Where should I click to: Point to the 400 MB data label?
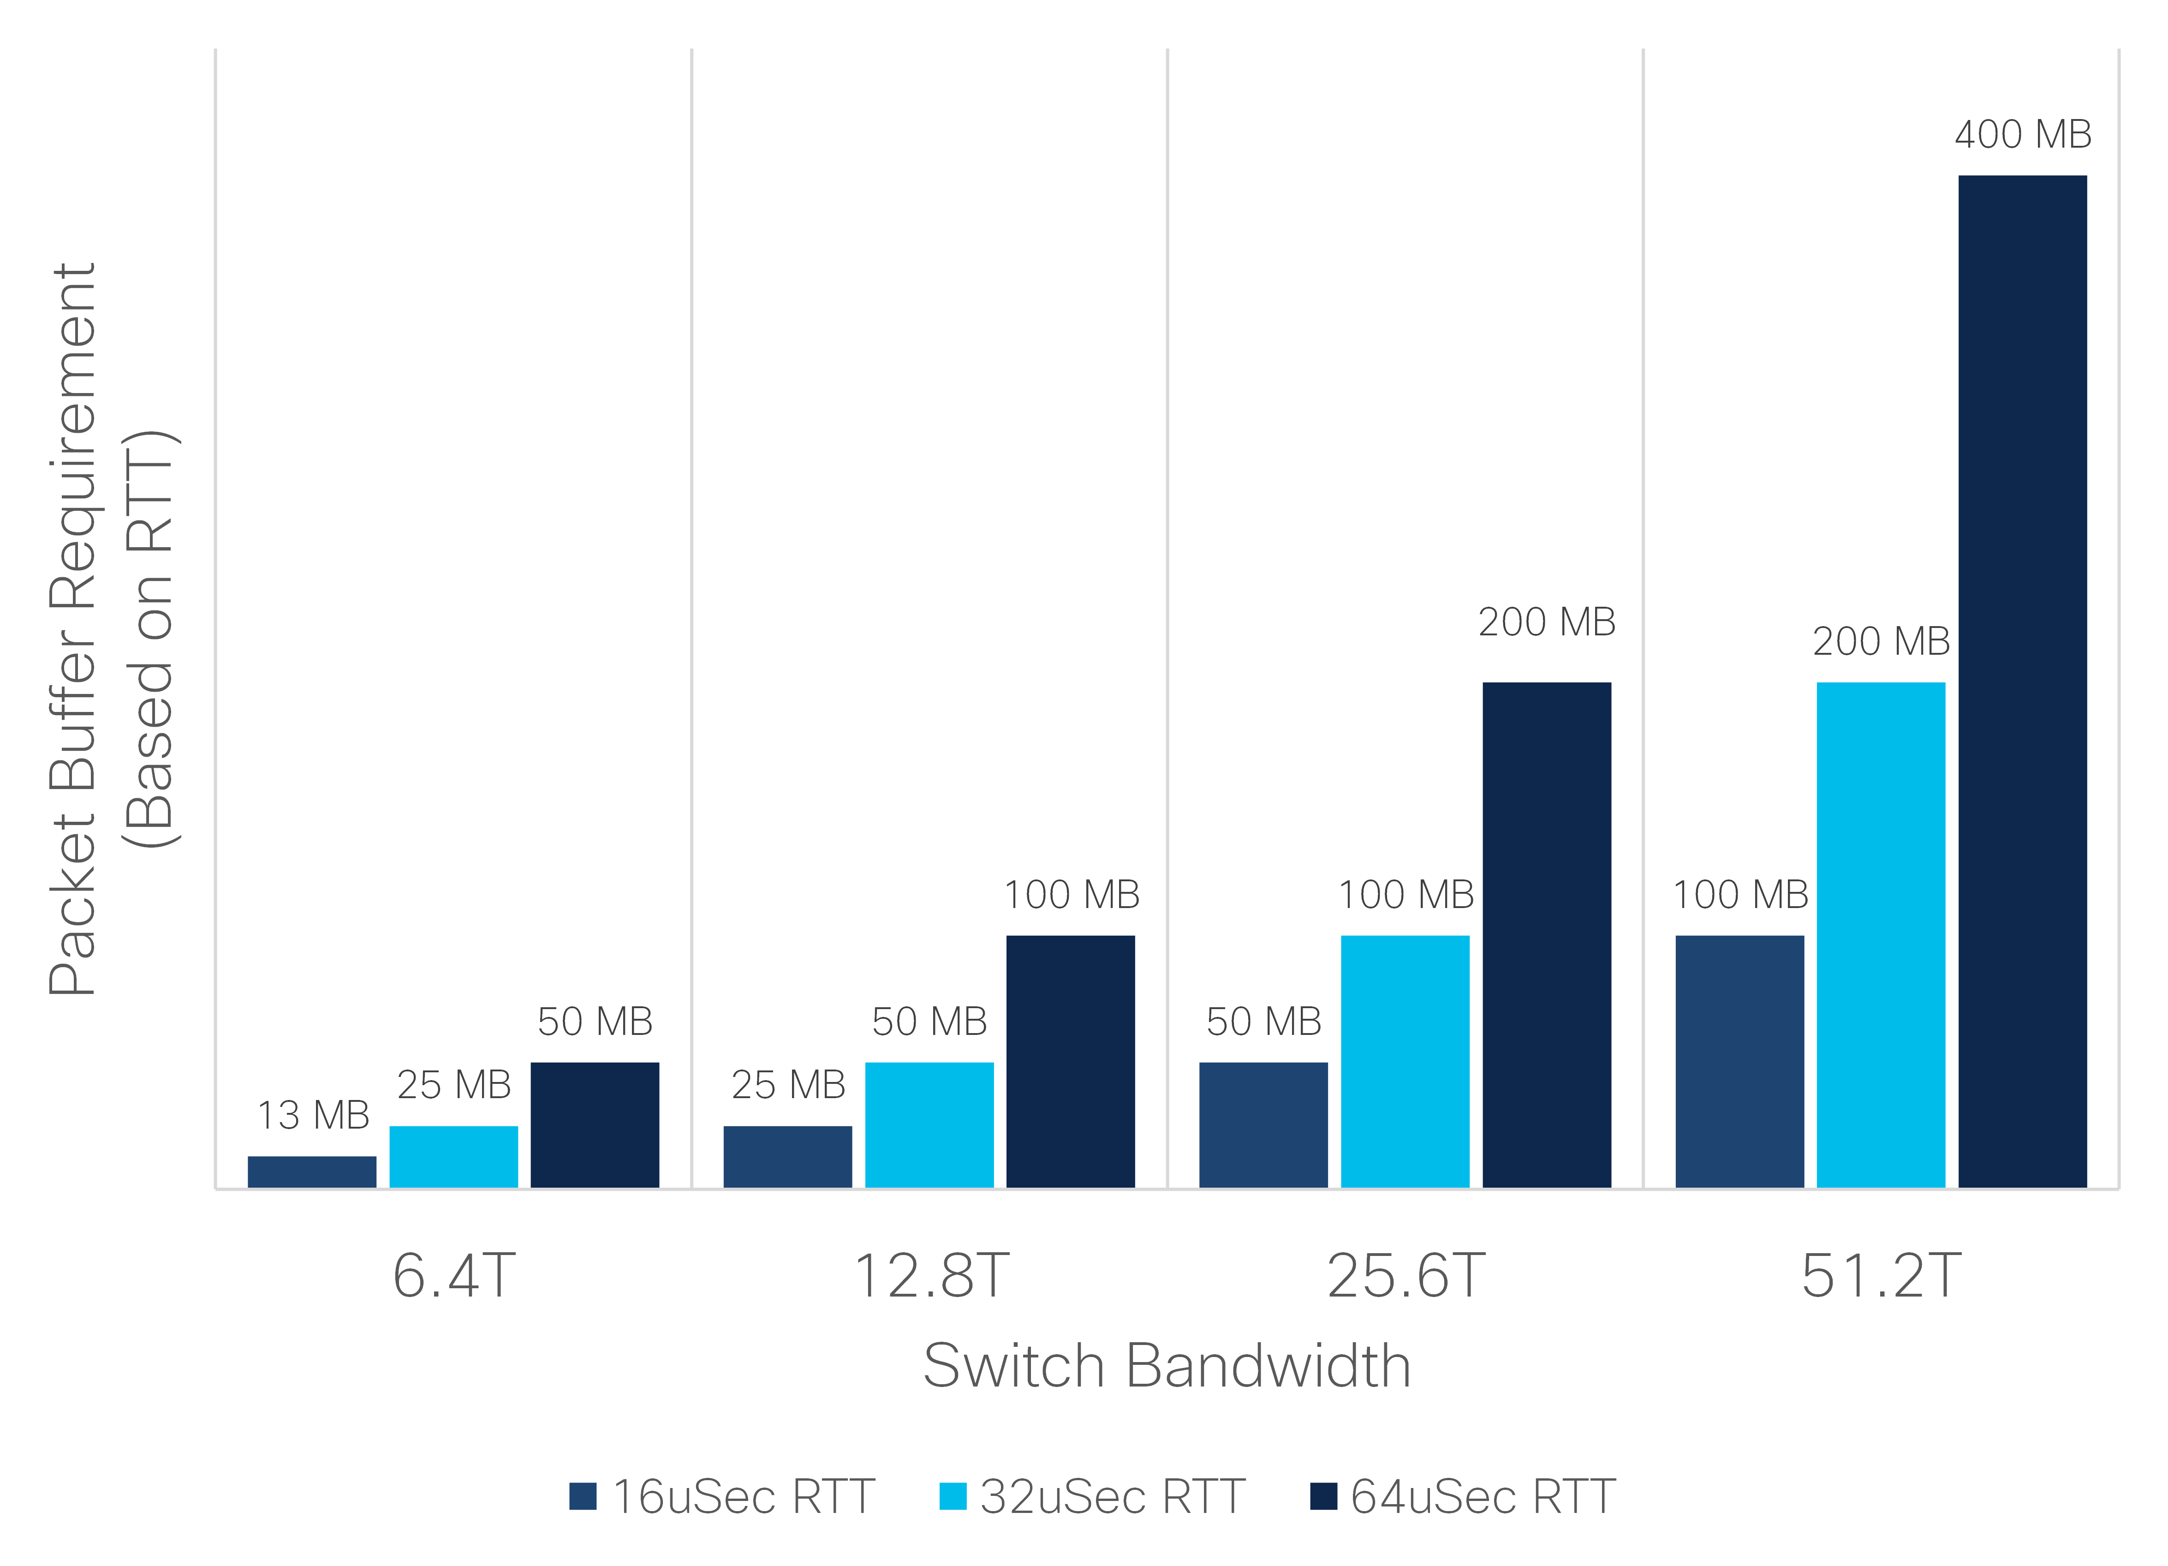point(2023,135)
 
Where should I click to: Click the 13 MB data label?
point(313,1115)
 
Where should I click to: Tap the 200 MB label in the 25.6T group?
point(1547,622)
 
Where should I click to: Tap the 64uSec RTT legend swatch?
point(1323,1496)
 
